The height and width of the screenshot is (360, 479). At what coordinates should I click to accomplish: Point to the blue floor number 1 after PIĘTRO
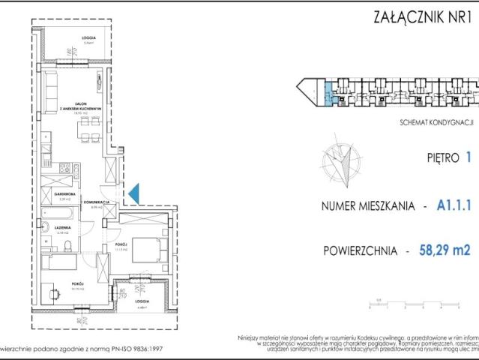[x=469, y=158]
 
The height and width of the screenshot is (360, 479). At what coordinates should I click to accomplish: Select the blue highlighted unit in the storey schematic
[x=328, y=96]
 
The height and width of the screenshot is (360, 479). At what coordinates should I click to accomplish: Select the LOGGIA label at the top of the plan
[x=88, y=37]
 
